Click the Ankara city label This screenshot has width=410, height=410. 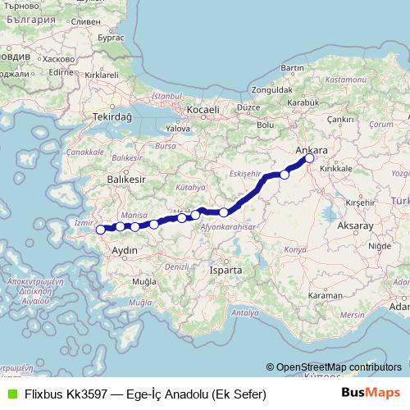[312, 151]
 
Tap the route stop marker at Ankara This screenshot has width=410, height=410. [309, 159]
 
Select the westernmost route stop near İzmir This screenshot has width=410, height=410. [101, 230]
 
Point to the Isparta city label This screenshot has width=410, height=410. [226, 269]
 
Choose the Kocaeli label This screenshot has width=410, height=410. [203, 109]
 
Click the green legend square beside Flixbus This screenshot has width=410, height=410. [11, 394]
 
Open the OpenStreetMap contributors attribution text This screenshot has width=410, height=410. [338, 367]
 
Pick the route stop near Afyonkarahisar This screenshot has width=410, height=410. [224, 212]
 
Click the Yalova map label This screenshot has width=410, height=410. [178, 129]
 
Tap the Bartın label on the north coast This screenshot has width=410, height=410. [293, 67]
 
